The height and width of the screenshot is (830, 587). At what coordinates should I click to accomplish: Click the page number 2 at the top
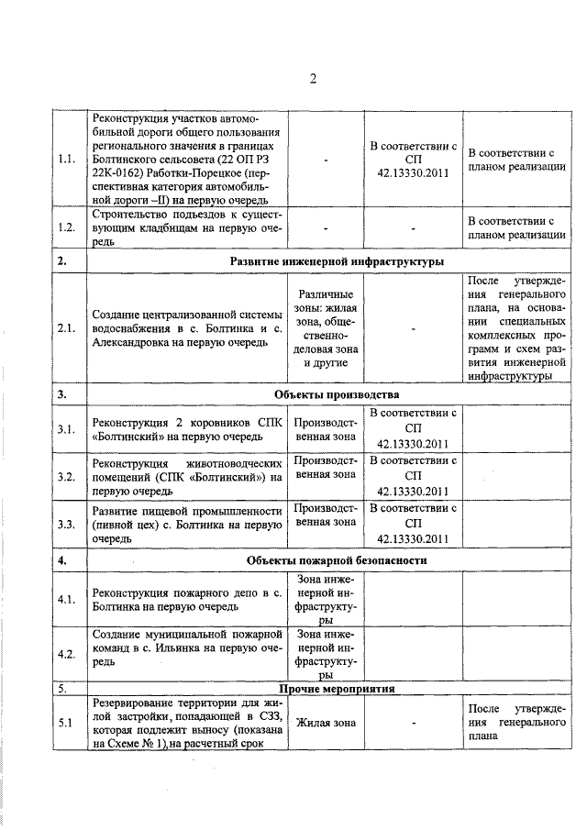pyautogui.click(x=312, y=79)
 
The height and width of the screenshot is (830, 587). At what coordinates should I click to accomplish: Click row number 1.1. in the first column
pyautogui.click(x=65, y=160)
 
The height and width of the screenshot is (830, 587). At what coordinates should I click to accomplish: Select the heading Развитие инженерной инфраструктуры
pyautogui.click(x=337, y=261)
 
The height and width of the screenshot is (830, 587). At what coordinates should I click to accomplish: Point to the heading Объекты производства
pyautogui.click(x=337, y=394)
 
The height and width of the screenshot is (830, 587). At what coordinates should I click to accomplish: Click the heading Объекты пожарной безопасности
pyautogui.click(x=337, y=559)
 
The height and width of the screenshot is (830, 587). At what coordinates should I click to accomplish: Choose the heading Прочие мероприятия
pyautogui.click(x=337, y=687)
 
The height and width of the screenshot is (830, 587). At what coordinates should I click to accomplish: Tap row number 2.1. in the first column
pyautogui.click(x=65, y=328)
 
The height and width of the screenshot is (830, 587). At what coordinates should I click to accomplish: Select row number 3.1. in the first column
pyautogui.click(x=65, y=428)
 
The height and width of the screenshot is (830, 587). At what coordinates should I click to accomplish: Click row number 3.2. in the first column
pyautogui.click(x=65, y=476)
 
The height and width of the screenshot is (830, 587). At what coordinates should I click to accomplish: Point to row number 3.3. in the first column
pyautogui.click(x=65, y=525)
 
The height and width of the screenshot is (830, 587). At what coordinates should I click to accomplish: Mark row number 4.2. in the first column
pyautogui.click(x=65, y=654)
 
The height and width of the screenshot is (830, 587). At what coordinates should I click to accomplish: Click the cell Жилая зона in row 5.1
pyautogui.click(x=326, y=723)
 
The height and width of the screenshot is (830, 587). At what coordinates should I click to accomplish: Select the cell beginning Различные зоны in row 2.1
pyautogui.click(x=326, y=328)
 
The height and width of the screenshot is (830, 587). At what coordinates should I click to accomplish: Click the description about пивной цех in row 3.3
pyautogui.click(x=185, y=525)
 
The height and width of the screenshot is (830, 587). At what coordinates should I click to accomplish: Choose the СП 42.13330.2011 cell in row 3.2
pyautogui.click(x=413, y=476)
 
